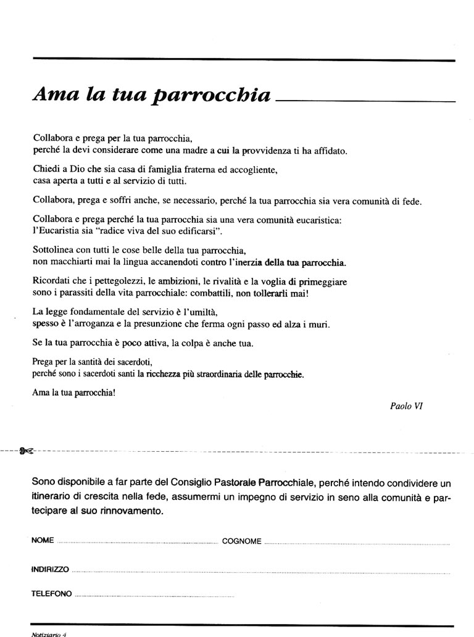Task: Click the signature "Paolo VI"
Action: tap(406, 406)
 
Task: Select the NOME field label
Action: tap(41, 541)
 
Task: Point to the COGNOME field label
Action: tap(241, 541)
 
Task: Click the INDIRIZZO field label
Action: tap(49, 568)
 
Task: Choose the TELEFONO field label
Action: tap(51, 594)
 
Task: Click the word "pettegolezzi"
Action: tap(113, 281)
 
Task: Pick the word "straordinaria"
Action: tap(220, 374)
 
